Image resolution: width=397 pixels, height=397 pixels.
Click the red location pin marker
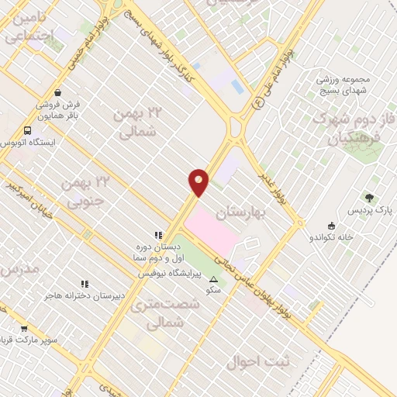click(198, 182)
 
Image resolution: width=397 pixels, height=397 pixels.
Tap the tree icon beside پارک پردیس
click(369, 198)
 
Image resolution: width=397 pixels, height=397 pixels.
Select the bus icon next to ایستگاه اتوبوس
click(28, 130)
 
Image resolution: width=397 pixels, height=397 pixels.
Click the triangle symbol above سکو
click(213, 278)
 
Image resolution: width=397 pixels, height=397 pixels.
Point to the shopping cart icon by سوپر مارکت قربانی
click(24, 329)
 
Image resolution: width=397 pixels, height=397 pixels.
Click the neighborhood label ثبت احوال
click(258, 361)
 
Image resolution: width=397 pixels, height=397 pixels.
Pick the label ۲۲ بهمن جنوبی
click(87, 193)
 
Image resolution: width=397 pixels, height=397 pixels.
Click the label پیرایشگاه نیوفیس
click(170, 274)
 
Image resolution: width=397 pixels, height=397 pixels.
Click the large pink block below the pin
click(221, 233)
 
